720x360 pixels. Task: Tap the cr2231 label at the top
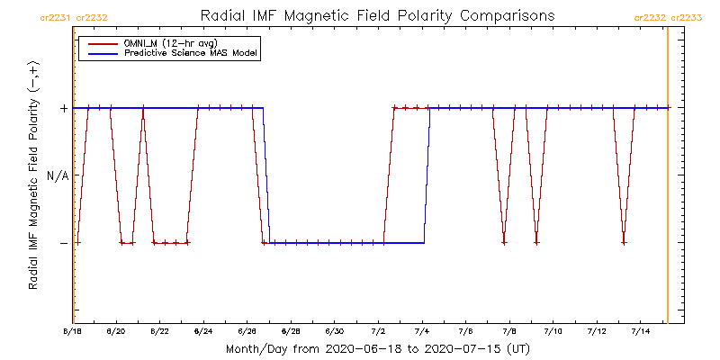tap(57, 17)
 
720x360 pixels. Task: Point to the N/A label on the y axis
tap(57, 175)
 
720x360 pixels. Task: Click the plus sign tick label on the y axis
tap(64, 108)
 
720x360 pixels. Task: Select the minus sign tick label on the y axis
tap(64, 243)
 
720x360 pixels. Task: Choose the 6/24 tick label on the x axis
tap(203, 332)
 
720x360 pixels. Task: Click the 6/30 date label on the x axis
tap(335, 332)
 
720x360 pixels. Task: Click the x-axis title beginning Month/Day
tap(377, 347)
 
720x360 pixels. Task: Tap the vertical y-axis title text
tap(33, 176)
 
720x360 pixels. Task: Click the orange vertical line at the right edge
tap(667, 180)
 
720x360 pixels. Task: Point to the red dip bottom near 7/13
tap(624, 242)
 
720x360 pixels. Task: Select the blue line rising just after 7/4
tap(427, 175)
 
